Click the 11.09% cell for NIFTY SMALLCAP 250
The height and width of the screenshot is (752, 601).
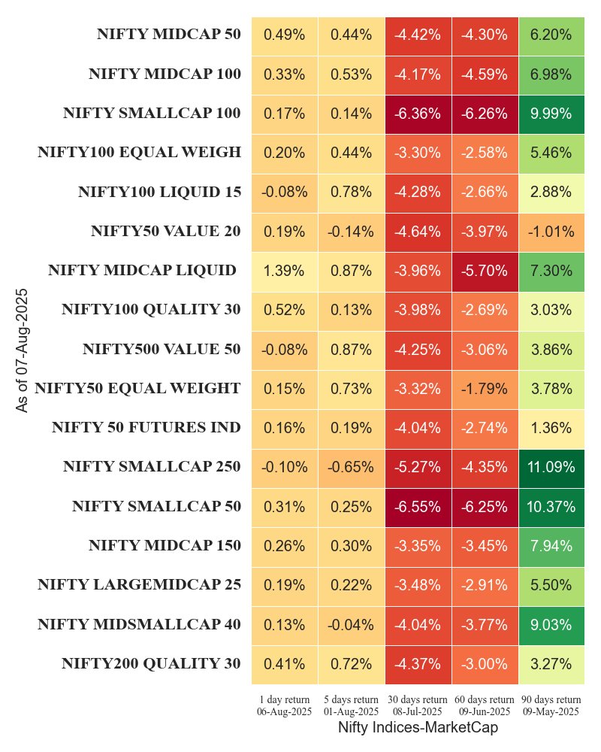coord(551,467)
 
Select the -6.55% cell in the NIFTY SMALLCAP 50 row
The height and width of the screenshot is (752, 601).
coord(418,506)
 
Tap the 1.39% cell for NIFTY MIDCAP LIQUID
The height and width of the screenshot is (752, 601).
coord(284,271)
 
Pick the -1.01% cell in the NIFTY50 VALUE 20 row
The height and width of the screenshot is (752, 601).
coord(551,232)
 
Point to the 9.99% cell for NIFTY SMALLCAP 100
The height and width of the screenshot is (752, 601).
coord(551,114)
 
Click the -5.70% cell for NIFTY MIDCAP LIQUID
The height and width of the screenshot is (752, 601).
coord(485,271)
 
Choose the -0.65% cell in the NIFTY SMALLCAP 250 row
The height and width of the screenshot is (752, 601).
coord(351,467)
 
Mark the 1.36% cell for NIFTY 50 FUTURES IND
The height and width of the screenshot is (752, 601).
coord(551,428)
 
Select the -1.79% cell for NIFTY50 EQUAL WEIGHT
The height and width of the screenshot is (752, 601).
coord(485,389)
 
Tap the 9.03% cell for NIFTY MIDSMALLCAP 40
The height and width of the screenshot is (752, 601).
coord(551,624)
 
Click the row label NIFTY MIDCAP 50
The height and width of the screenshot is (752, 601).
coord(168,35)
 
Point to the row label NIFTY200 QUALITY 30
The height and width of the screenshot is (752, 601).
coord(151,663)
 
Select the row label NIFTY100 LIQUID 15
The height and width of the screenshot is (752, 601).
coord(159,192)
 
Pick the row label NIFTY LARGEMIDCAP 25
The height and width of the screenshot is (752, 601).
coord(139,584)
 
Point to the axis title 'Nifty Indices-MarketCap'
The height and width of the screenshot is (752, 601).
coord(418,728)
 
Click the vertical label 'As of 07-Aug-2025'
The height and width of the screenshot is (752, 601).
coord(23,349)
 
